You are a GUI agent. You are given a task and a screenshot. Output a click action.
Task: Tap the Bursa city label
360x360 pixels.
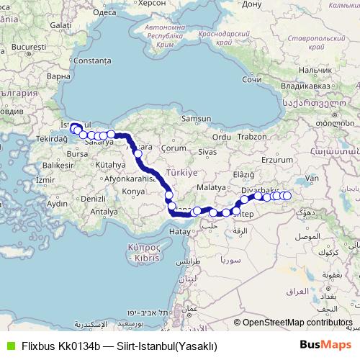(76, 154)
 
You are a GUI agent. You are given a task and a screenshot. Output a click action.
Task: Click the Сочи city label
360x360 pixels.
(251, 79)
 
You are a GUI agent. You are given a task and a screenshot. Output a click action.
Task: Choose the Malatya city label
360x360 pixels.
(211, 186)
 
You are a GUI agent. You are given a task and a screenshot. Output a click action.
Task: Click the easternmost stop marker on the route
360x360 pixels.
(287, 196)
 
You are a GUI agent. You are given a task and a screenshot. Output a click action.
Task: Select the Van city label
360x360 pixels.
(312, 178)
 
